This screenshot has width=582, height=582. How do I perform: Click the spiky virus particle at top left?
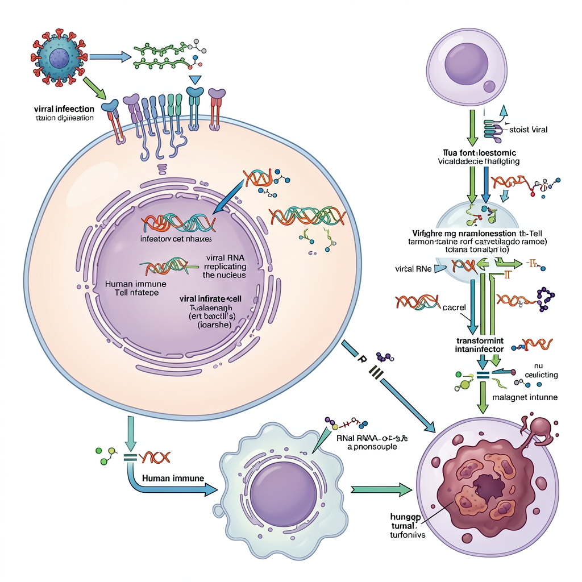[59, 57]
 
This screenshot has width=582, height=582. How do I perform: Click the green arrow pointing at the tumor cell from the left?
[381, 488]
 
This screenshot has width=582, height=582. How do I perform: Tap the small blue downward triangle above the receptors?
[196, 81]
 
